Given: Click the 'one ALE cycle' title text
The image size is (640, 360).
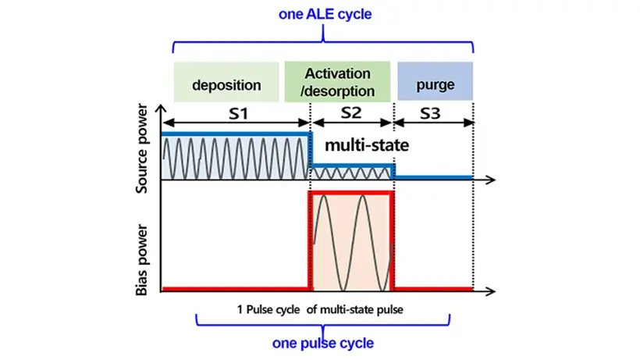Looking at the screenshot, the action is (x=325, y=14).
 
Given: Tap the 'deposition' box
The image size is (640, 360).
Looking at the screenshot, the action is (x=226, y=82).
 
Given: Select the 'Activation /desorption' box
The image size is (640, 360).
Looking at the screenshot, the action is (x=337, y=82).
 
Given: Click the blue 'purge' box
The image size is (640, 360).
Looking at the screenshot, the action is (x=435, y=81).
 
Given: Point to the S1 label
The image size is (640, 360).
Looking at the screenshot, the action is (x=238, y=113).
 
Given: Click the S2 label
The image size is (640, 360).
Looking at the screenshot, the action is (x=351, y=112).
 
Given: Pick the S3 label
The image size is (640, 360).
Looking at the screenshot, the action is (x=430, y=113).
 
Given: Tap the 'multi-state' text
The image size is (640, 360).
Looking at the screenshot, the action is (x=367, y=145).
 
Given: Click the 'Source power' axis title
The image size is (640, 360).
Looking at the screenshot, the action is (x=141, y=148).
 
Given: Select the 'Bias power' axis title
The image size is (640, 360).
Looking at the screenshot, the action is (x=141, y=259).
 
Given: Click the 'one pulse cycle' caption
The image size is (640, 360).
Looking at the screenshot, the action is (x=323, y=343).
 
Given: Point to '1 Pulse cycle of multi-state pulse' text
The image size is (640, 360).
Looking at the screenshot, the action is (x=320, y=309).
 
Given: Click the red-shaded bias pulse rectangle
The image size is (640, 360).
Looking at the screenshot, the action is (x=351, y=241).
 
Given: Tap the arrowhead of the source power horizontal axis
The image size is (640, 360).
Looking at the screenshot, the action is (x=492, y=180).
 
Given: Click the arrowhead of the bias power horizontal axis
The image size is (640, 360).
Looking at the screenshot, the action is (x=492, y=291).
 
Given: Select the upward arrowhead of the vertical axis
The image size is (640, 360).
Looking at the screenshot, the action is (x=162, y=109).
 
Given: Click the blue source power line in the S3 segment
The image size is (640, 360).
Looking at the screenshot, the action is (x=433, y=177).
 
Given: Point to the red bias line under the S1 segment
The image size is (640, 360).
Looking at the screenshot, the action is (x=236, y=289).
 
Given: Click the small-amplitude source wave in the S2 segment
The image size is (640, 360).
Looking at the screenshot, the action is (x=351, y=174).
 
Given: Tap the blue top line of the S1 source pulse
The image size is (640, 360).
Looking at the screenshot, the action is (x=236, y=134).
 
